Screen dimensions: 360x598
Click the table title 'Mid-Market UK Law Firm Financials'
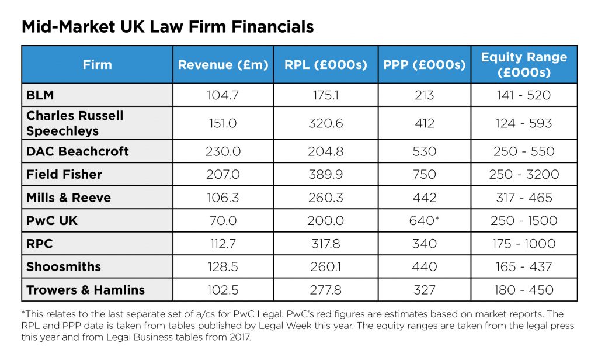point(168,27)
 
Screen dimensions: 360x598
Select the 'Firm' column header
point(97,64)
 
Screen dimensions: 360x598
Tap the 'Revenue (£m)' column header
point(223,64)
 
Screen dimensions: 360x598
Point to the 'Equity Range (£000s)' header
point(524,64)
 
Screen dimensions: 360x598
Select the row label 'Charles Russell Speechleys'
point(75,123)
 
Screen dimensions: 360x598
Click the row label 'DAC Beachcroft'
point(78,151)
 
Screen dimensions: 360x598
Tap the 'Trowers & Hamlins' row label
point(85,290)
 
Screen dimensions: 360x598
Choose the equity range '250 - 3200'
point(526,174)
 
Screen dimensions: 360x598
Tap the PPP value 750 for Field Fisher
point(424,174)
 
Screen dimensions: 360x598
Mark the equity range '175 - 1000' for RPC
point(526,244)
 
